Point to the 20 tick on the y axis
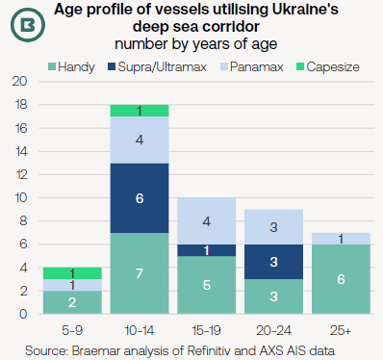coord(19,82)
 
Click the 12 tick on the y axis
coord(19,174)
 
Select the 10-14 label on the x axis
coord(141,328)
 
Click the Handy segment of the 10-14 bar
coord(141,273)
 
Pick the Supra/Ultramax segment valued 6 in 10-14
coord(141,197)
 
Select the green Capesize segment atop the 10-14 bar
coord(141,111)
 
